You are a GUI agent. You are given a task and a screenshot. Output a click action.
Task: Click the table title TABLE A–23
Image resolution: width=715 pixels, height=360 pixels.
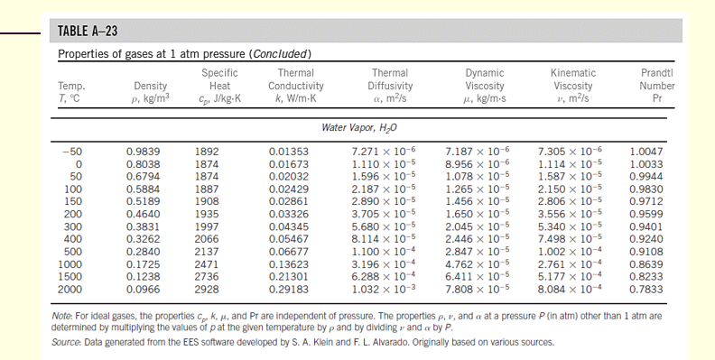click(x=88, y=32)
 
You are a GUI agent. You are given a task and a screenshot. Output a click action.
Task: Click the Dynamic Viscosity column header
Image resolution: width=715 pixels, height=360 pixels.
click(x=484, y=83)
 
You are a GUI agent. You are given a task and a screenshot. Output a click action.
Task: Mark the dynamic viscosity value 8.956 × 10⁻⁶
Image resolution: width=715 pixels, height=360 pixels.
click(x=480, y=164)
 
